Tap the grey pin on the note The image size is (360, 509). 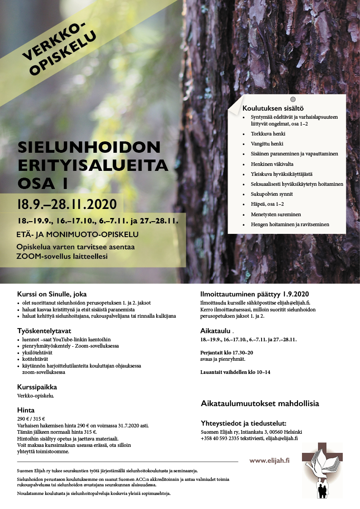293,99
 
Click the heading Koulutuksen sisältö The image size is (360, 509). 272,108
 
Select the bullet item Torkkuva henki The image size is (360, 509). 268,134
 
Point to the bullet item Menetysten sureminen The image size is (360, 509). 276,214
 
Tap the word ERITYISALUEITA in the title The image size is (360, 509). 92,165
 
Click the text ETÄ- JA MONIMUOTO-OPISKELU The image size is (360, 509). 78,234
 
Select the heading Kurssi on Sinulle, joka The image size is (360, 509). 52,294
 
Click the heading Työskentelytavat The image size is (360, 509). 44,330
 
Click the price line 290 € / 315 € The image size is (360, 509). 31,419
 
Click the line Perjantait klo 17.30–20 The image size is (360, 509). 227,352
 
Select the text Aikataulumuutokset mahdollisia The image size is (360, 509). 259,403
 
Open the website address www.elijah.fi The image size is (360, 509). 269,461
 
